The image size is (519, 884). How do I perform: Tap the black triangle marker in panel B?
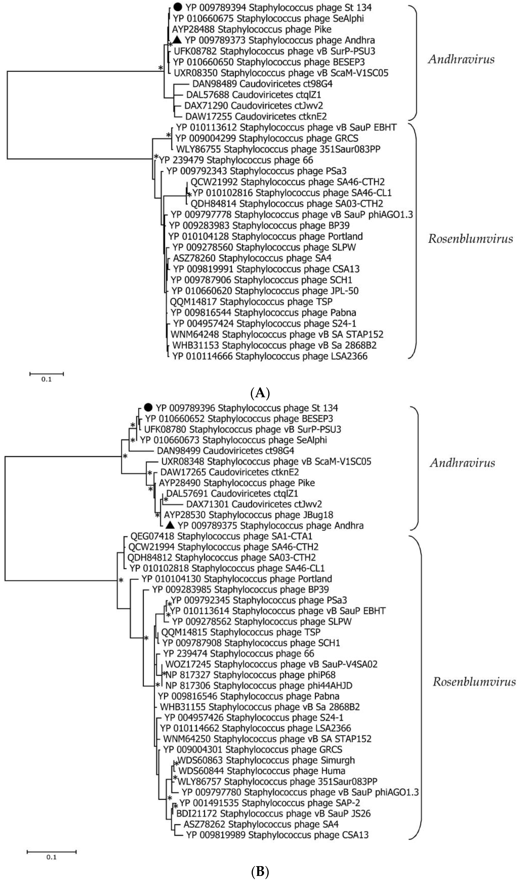click(170, 525)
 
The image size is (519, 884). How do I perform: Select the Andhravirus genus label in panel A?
click(461, 59)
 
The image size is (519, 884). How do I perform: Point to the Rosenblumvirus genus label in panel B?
click(474, 682)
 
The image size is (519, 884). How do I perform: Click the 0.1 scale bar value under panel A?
click(46, 379)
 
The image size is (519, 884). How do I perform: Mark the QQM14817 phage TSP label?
click(251, 302)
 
